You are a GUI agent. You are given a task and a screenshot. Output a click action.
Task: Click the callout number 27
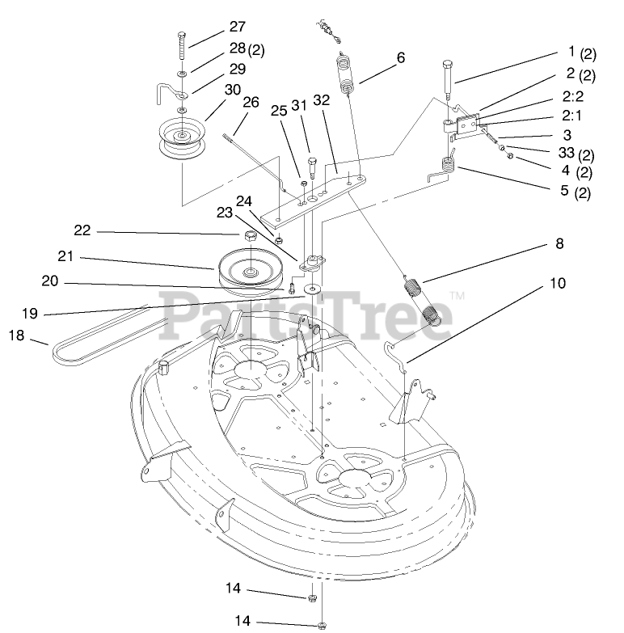(236, 26)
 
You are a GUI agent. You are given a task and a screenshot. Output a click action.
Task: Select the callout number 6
(400, 57)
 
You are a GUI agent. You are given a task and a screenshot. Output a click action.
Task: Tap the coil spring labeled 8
(425, 299)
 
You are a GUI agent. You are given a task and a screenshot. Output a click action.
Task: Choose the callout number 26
(251, 103)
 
